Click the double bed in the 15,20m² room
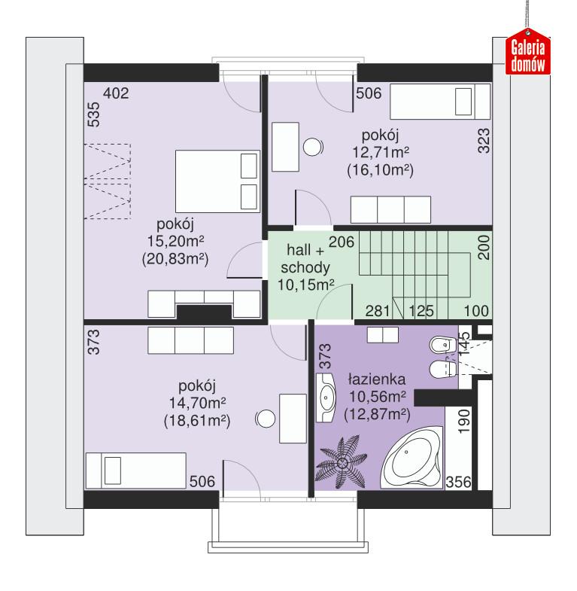217,179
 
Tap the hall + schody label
306,260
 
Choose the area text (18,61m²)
196,420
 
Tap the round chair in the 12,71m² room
313,147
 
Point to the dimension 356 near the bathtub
458,483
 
